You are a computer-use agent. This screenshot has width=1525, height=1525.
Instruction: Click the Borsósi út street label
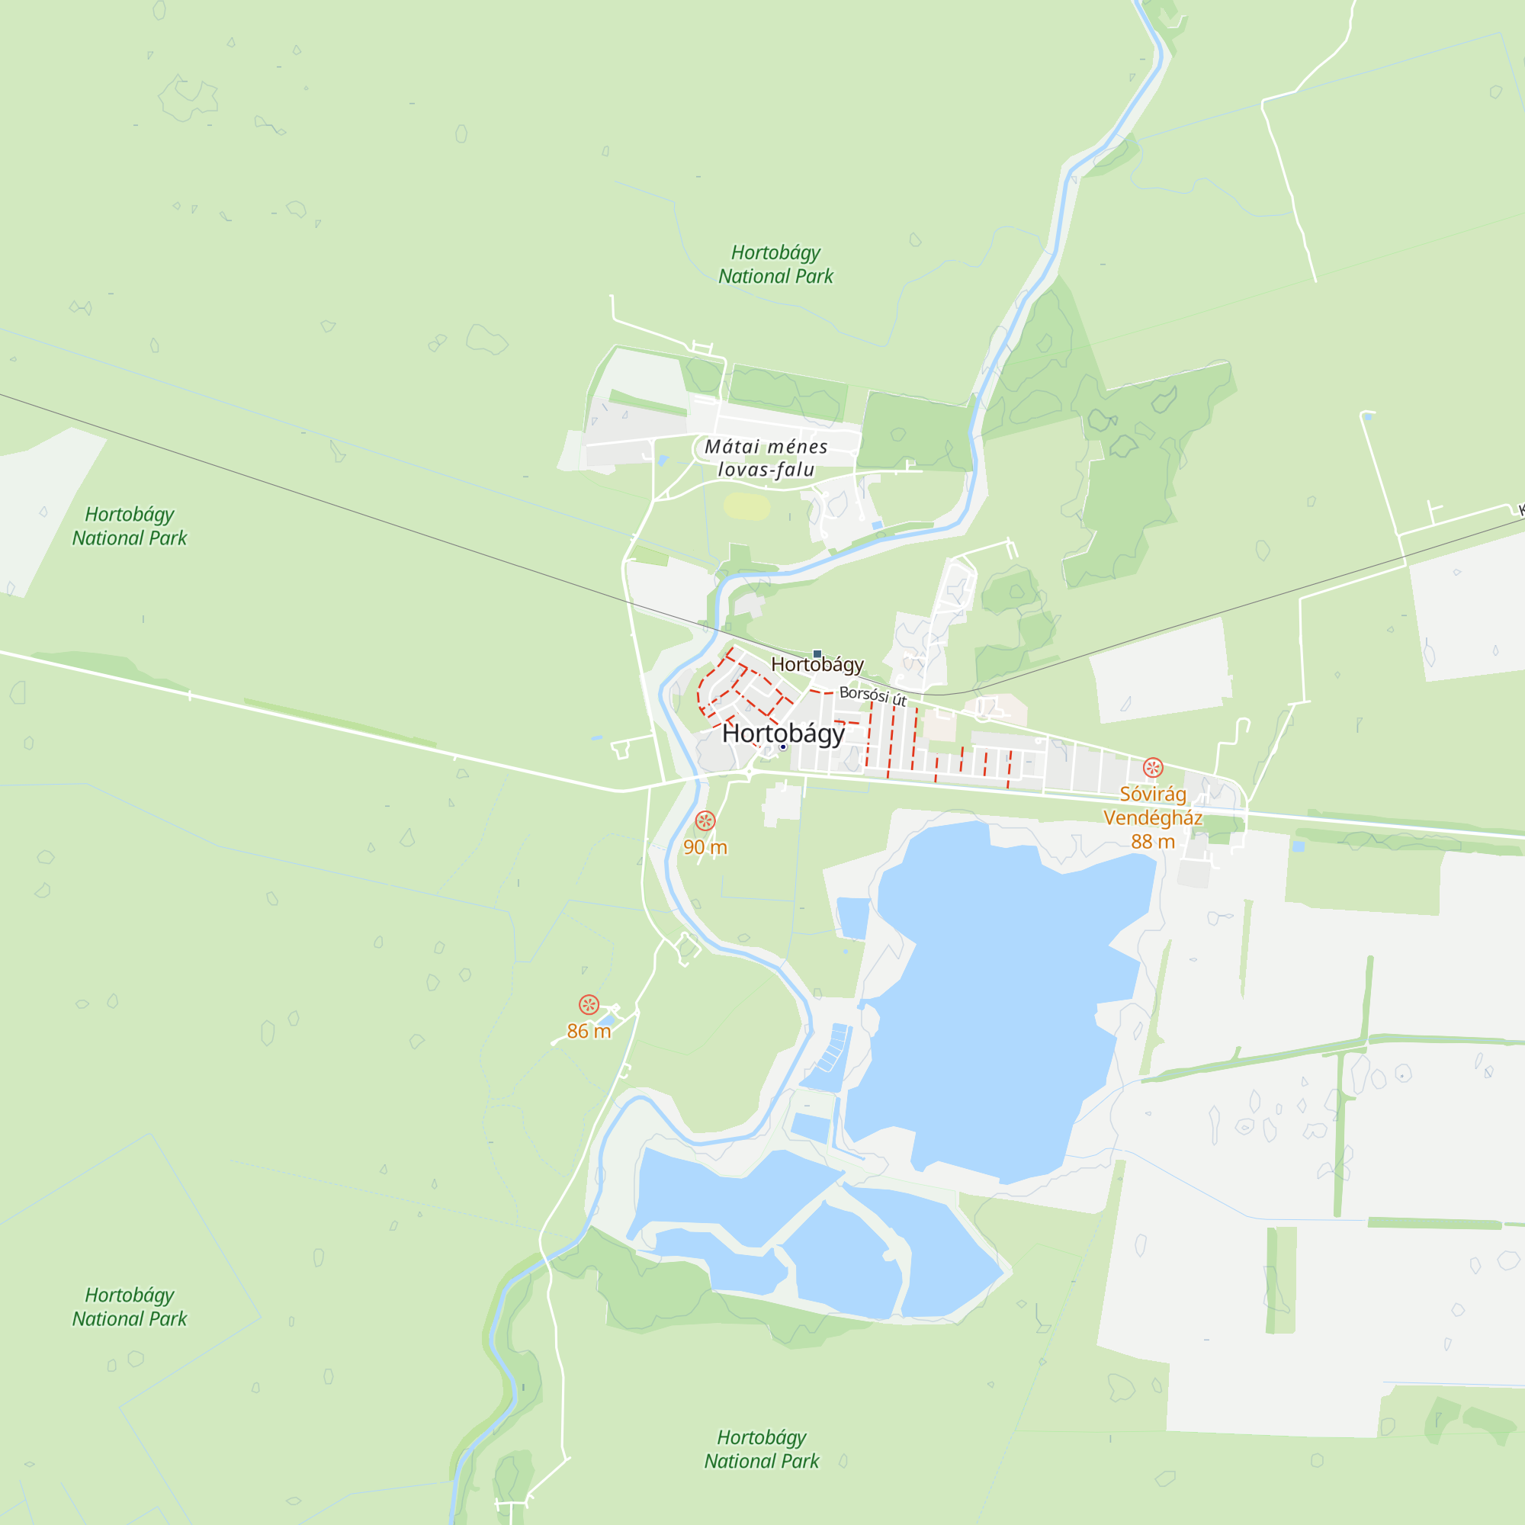tap(872, 695)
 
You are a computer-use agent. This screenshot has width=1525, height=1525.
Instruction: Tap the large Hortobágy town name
tap(783, 734)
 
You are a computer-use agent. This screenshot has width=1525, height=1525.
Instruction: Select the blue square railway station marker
tap(817, 653)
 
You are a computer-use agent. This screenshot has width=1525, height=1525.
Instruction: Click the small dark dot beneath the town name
tap(783, 746)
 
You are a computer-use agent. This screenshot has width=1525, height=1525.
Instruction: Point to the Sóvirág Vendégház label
tap(1152, 806)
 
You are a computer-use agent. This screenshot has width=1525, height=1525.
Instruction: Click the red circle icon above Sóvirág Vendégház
tap(1152, 767)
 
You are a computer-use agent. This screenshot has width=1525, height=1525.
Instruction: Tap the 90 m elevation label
tap(705, 847)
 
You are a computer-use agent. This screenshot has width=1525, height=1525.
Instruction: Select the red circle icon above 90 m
tap(705, 821)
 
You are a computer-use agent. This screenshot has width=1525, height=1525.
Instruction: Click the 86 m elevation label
tap(589, 1031)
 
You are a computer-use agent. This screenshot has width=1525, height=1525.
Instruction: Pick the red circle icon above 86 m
tap(589, 1005)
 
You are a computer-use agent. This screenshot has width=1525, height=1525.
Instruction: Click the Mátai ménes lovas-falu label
tap(766, 457)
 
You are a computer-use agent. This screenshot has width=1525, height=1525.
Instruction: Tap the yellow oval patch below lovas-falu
tap(746, 507)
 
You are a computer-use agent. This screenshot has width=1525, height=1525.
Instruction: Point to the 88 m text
tap(1152, 842)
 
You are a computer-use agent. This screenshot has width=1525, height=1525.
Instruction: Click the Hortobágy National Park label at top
tap(775, 265)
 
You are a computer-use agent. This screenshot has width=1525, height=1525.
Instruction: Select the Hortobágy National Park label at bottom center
tap(761, 1450)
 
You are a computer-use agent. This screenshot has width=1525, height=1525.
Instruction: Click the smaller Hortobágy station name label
tap(817, 665)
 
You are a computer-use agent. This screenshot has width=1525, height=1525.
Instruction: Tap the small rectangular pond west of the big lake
tap(852, 918)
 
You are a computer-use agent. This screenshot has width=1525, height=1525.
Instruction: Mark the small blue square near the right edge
tap(1299, 846)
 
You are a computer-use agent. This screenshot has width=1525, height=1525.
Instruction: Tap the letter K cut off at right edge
tap(1520, 512)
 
